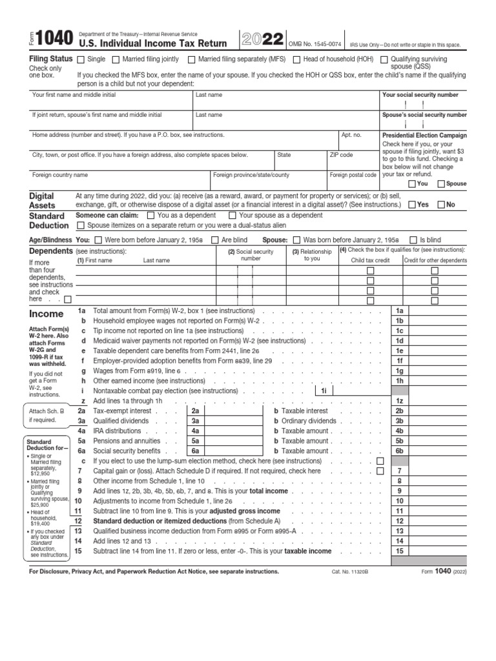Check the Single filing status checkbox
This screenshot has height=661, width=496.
pos(81,59)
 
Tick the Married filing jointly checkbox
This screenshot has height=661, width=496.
pos(116,59)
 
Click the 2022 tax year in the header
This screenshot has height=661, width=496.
pos(262,40)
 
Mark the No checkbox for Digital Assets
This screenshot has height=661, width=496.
pos(441,205)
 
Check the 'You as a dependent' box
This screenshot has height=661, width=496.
pos(151,216)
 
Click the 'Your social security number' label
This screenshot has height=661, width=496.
pos(420,95)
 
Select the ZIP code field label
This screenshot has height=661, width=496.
pos(341,155)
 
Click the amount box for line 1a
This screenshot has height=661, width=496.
pos(448,311)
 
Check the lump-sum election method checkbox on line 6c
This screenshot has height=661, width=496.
pos(380,461)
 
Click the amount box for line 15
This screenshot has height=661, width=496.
pos(448,551)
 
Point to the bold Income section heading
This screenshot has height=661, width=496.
pos(46,314)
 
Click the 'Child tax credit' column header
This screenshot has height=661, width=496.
pos(370,260)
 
